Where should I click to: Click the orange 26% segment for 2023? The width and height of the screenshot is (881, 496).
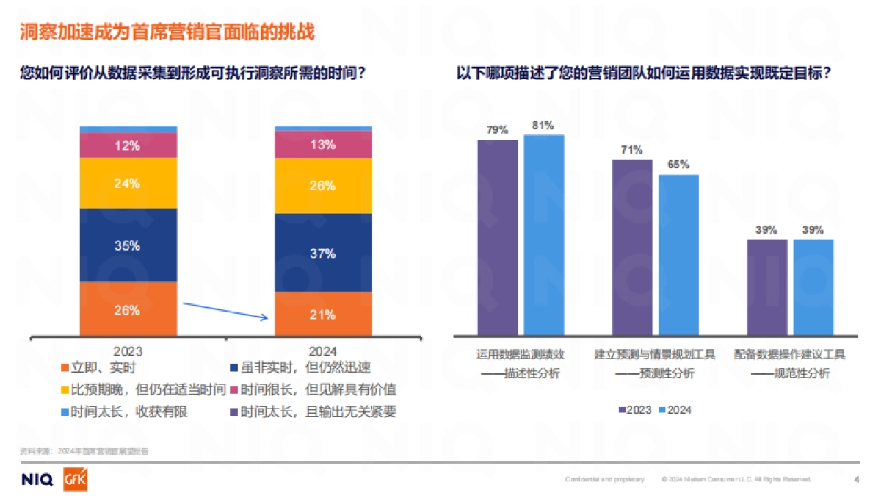128,309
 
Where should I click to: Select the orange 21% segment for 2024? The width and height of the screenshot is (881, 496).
323,314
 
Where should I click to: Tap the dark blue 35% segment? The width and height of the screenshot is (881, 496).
128,245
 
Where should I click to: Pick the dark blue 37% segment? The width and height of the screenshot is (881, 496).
323,253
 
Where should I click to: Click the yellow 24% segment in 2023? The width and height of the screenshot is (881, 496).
128,183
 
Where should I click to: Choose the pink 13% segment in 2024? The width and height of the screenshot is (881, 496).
323,145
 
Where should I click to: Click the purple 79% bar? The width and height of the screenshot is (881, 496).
497,237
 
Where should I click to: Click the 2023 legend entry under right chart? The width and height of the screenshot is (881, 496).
635,410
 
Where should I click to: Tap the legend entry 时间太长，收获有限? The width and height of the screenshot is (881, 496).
124,411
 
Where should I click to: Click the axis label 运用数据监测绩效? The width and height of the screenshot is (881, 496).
520,354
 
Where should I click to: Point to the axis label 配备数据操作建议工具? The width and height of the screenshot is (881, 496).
790,354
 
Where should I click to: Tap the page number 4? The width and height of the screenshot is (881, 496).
856,480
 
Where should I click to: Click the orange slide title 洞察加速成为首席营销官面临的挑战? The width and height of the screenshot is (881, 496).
167,32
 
